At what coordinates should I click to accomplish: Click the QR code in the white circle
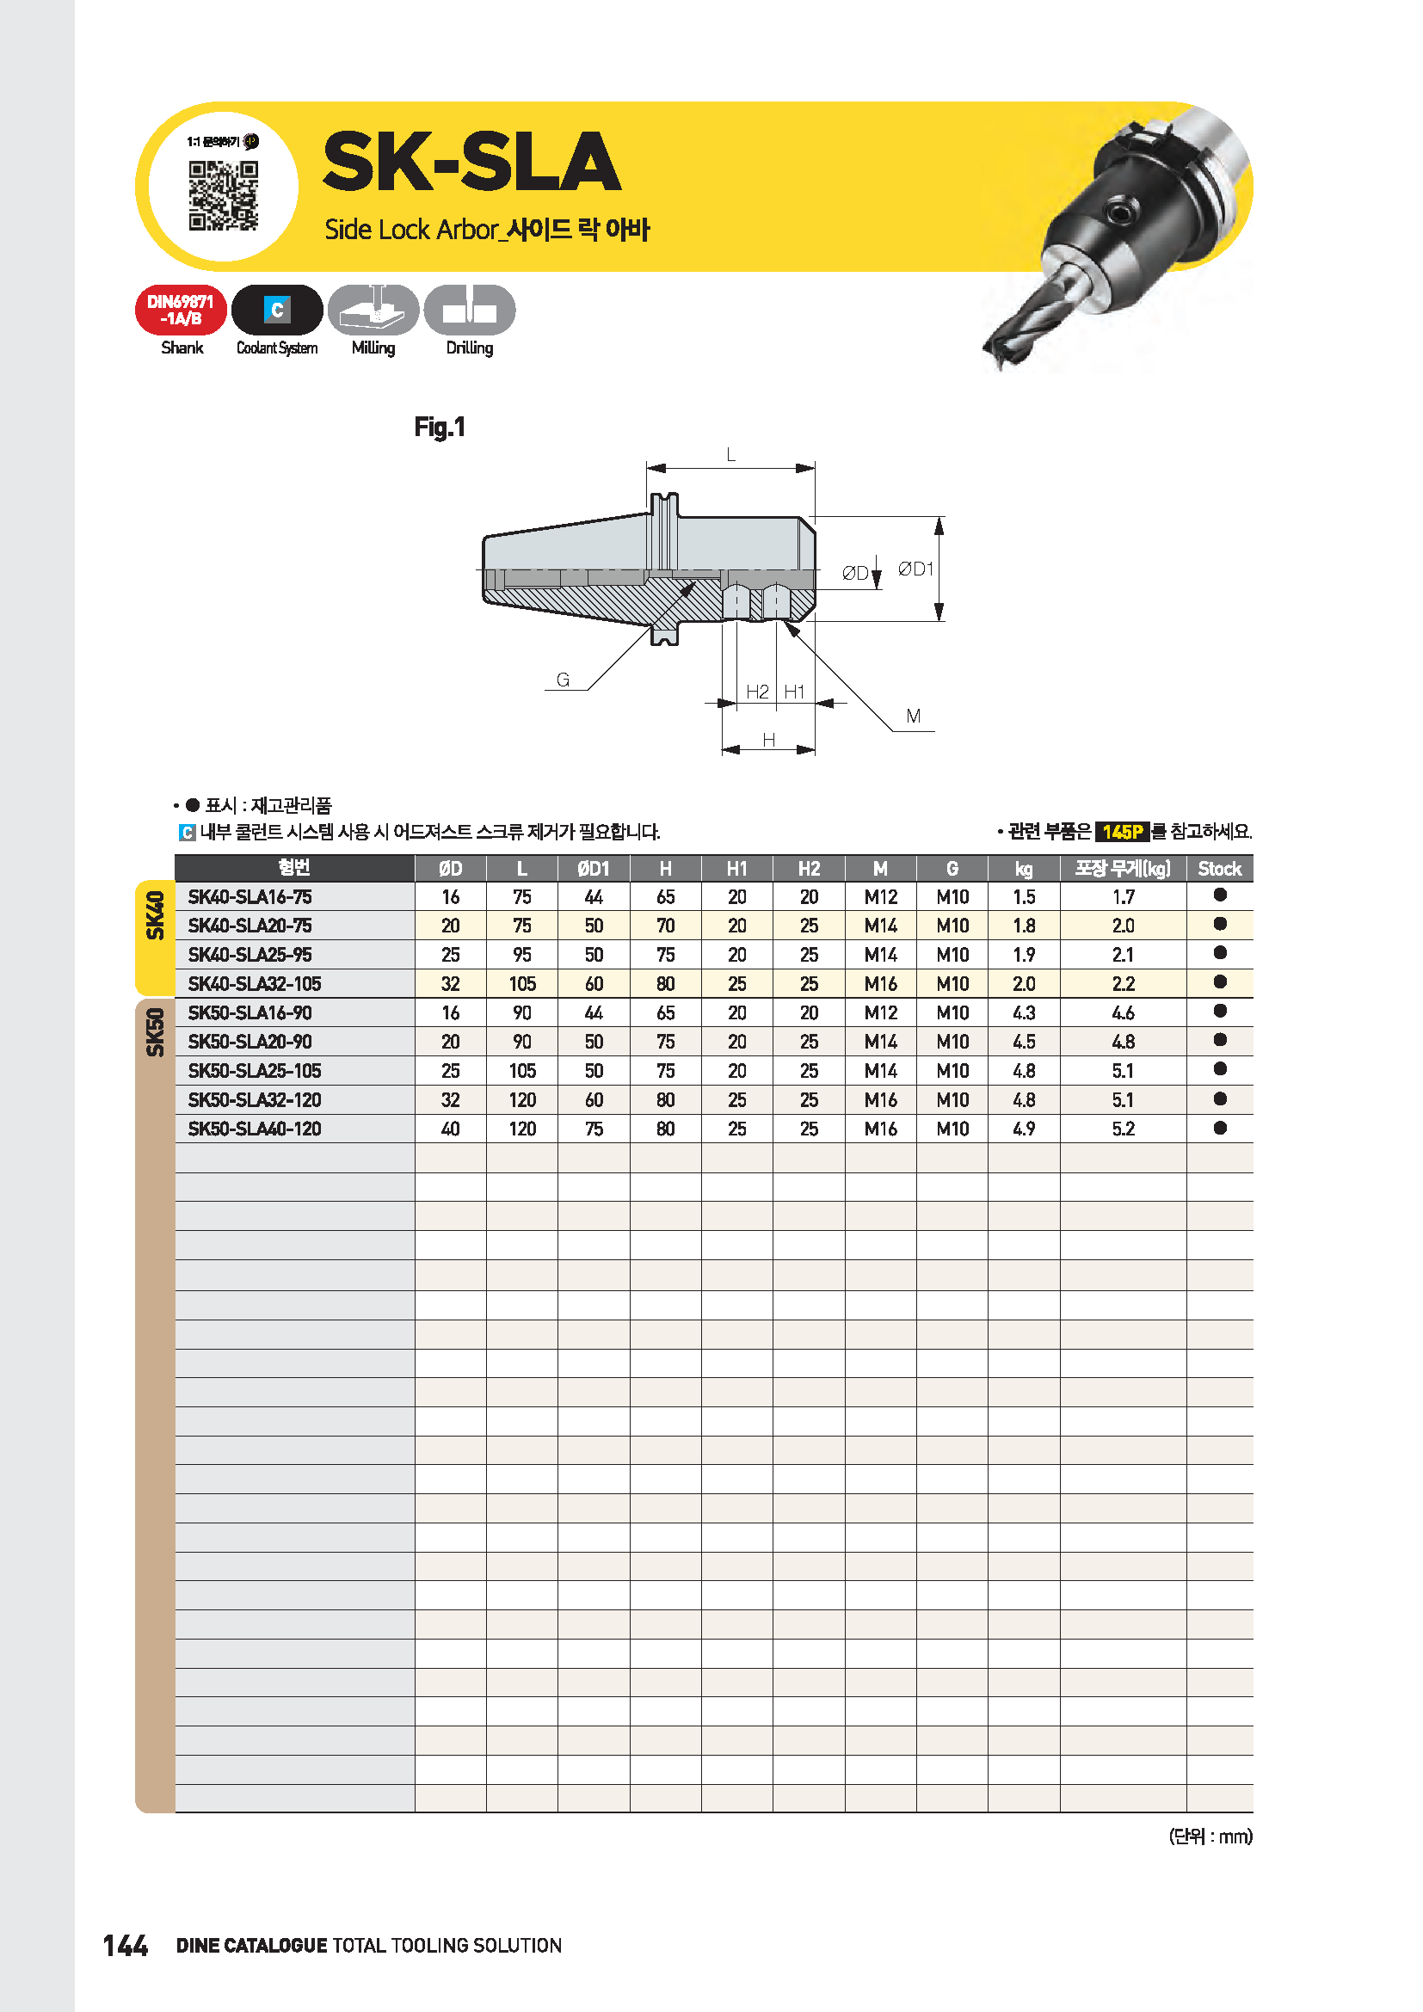(224, 195)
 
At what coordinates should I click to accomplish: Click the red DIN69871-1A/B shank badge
(181, 311)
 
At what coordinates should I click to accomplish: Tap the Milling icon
(373, 310)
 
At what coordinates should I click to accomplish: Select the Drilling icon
(470, 310)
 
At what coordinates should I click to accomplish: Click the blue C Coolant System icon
(277, 310)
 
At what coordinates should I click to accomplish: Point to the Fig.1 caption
(440, 428)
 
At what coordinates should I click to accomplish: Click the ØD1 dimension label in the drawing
(915, 569)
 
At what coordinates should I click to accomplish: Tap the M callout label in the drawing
(913, 717)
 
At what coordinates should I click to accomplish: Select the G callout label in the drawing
(563, 680)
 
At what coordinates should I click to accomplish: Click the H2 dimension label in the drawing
(757, 692)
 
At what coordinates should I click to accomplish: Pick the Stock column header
(1219, 869)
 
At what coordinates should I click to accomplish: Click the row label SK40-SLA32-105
(254, 984)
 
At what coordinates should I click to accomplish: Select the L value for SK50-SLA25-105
(522, 1071)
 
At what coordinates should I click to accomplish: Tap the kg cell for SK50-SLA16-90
(1024, 1013)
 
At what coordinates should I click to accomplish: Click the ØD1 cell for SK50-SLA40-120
(594, 1129)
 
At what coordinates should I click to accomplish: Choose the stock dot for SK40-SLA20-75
(1220, 924)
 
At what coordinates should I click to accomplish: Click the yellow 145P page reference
(1122, 832)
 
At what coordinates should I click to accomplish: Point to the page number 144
(126, 1946)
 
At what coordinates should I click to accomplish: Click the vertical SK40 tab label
(155, 915)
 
